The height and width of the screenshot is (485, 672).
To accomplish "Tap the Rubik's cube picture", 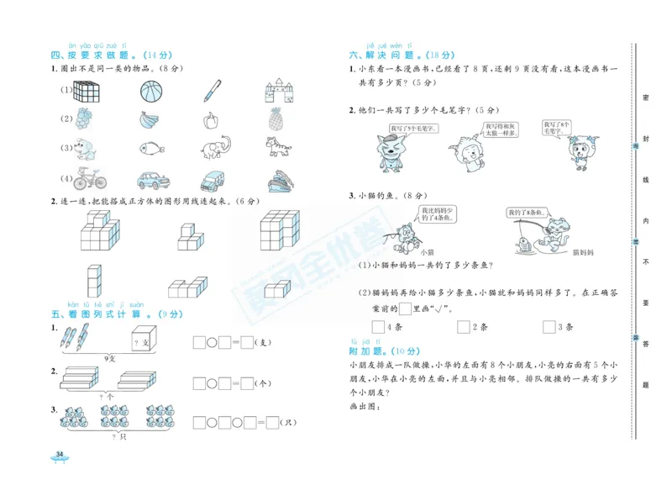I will click(x=86, y=90).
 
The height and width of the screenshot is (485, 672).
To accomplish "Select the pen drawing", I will click(x=212, y=90).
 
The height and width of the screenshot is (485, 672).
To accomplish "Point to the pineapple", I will click(x=276, y=119).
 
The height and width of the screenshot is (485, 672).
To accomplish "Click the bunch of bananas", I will click(x=149, y=119).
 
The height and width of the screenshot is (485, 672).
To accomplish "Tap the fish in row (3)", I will click(x=149, y=150).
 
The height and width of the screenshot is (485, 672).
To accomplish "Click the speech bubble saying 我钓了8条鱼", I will click(x=527, y=214).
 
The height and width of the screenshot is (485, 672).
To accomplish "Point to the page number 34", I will click(x=59, y=455).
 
